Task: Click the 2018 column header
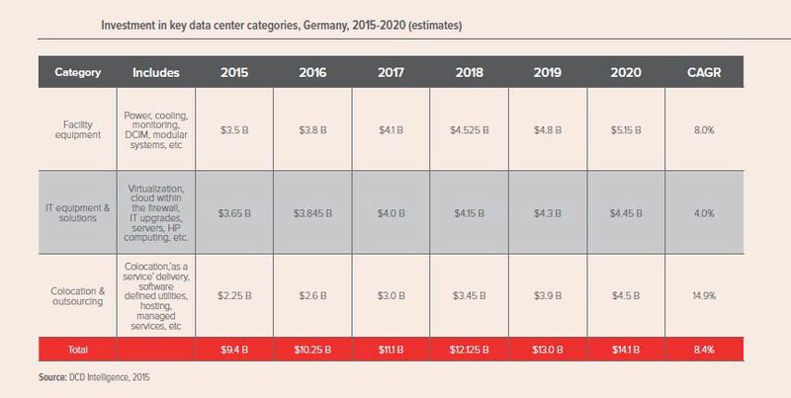pos(470,72)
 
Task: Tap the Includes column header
pos(154,72)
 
